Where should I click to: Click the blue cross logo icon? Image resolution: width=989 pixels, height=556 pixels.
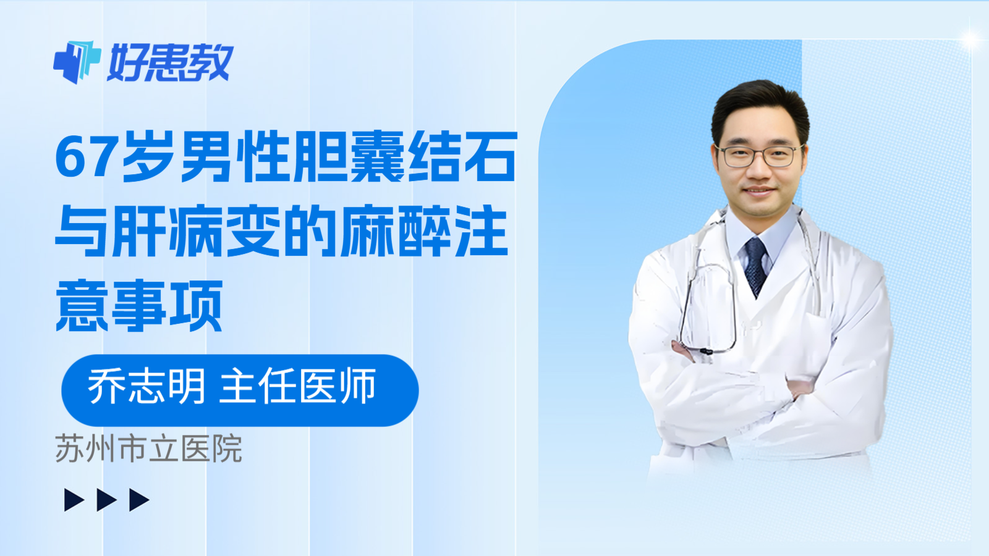click(x=77, y=62)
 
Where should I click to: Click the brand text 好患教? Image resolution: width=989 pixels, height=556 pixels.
click(x=170, y=62)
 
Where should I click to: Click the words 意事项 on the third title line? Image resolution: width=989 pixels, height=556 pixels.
click(x=139, y=306)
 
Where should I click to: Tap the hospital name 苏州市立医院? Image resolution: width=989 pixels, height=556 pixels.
click(x=148, y=449)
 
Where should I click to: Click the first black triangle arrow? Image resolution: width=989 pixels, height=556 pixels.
click(x=74, y=500)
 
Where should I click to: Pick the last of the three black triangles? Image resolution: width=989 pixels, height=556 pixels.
click(x=138, y=500)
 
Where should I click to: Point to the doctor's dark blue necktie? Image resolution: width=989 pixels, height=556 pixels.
click(x=755, y=266)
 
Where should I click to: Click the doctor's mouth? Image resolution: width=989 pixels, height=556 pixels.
click(x=758, y=191)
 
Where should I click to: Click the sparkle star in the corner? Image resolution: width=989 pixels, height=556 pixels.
click(x=970, y=40)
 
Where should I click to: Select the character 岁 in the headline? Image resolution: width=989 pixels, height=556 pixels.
click(x=148, y=158)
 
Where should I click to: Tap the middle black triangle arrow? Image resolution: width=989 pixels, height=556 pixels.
click(x=106, y=500)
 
